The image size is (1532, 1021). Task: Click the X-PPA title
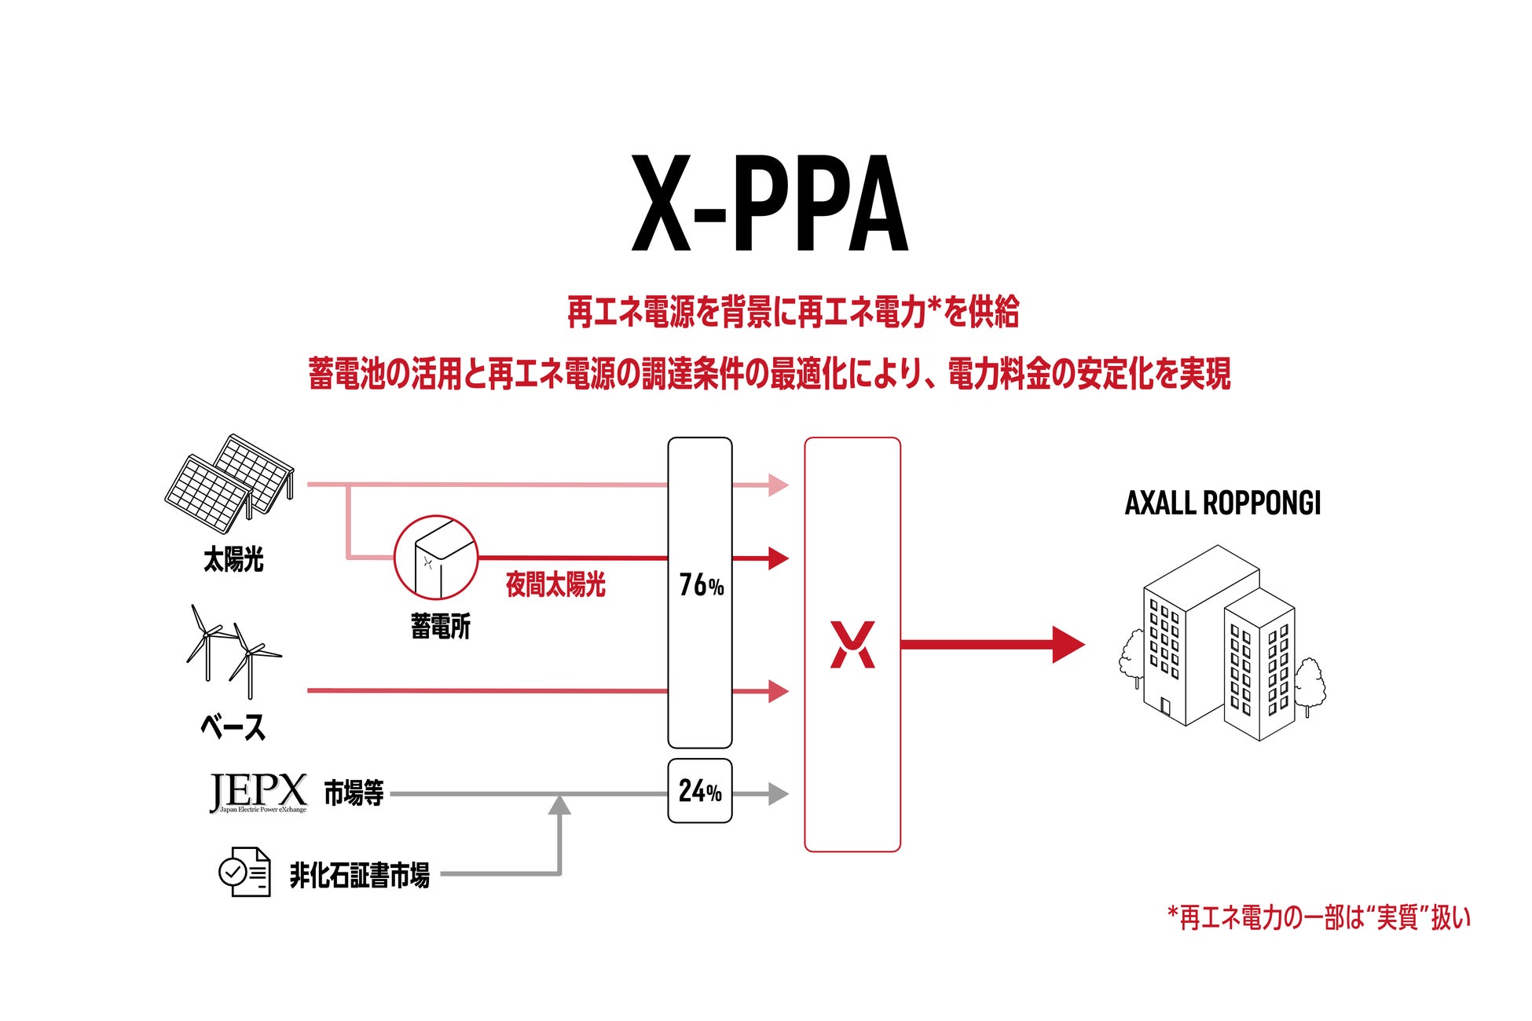[769, 204]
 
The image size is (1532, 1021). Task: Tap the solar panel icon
[229, 483]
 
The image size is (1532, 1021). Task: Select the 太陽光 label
[233, 560]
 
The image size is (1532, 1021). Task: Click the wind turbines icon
[233, 652]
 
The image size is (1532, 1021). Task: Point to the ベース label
[233, 727]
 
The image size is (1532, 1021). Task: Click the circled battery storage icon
[436, 558]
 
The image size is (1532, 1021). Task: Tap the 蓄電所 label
[440, 627]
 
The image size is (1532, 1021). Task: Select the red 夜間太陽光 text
[555, 585]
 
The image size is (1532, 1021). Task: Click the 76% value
[701, 585]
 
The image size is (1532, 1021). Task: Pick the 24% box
[700, 791]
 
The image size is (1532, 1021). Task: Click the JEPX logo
[258, 792]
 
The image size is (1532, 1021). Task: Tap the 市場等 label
[354, 793]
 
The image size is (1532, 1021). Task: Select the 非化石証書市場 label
[359, 875]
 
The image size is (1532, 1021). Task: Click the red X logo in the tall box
[852, 645]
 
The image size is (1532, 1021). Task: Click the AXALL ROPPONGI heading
[1222, 503]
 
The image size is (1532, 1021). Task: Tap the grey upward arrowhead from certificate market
[559, 805]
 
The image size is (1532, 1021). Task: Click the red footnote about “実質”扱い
[1319, 917]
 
